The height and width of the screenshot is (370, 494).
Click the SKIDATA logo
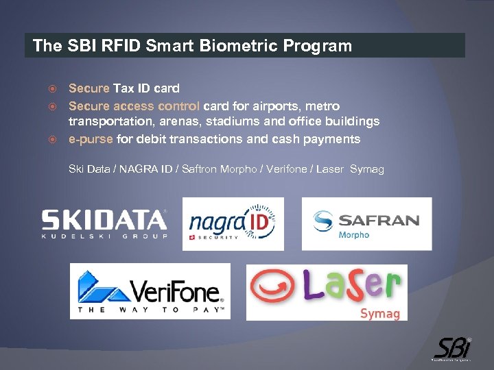[104, 223]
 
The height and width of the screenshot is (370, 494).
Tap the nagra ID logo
[233, 224]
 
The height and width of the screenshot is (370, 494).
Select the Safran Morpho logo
[366, 223]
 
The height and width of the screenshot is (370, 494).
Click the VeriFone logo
[150, 291]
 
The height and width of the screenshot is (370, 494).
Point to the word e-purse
[91, 139]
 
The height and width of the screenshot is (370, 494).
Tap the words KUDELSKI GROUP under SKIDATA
[104, 236]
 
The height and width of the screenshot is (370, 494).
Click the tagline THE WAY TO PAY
[150, 310]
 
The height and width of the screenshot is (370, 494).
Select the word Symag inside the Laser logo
[379, 313]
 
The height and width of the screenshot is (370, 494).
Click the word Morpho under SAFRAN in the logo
[354, 235]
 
